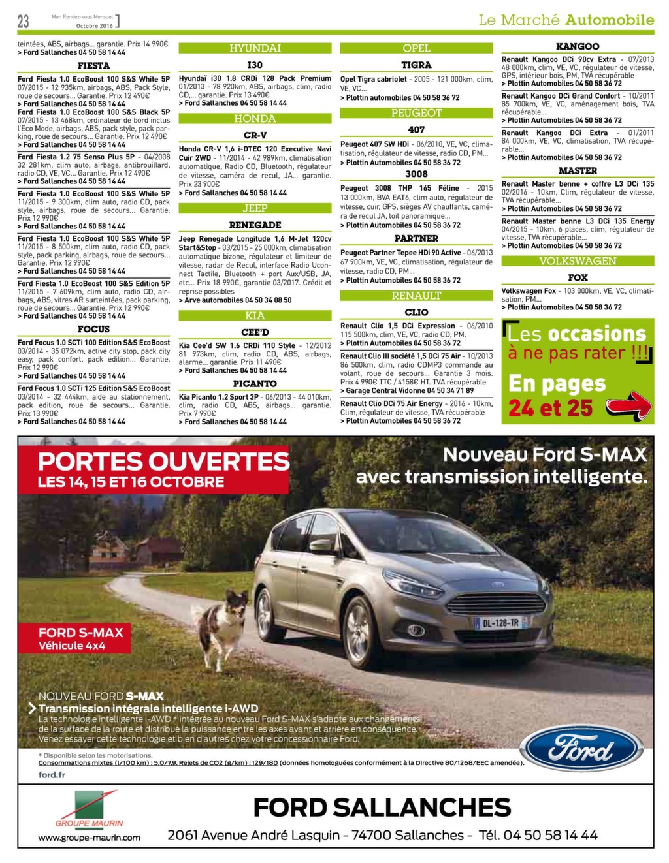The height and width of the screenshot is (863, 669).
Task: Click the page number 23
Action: point(24,21)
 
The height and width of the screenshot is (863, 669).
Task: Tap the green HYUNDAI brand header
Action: point(255,48)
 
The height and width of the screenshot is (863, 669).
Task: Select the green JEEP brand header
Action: point(255,208)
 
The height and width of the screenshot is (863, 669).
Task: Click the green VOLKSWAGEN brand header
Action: point(578,261)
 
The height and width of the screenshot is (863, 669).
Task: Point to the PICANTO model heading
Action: point(255,384)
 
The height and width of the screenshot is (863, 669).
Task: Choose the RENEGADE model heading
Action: point(255,225)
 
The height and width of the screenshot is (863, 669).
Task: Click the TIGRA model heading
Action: point(416,65)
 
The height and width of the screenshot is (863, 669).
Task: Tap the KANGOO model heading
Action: point(578,46)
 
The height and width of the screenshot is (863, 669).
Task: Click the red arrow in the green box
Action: point(628,405)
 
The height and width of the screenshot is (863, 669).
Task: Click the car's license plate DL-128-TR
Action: point(501,623)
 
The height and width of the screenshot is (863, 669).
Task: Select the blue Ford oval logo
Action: point(585,747)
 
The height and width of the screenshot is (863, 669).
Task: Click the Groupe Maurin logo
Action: point(90,809)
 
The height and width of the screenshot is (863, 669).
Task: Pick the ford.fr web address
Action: point(52,775)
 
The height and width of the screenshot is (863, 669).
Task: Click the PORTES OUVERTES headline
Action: point(163,462)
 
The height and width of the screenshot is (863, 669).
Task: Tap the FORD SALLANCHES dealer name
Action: point(382,808)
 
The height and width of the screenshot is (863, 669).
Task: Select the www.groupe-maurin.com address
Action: point(89,838)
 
